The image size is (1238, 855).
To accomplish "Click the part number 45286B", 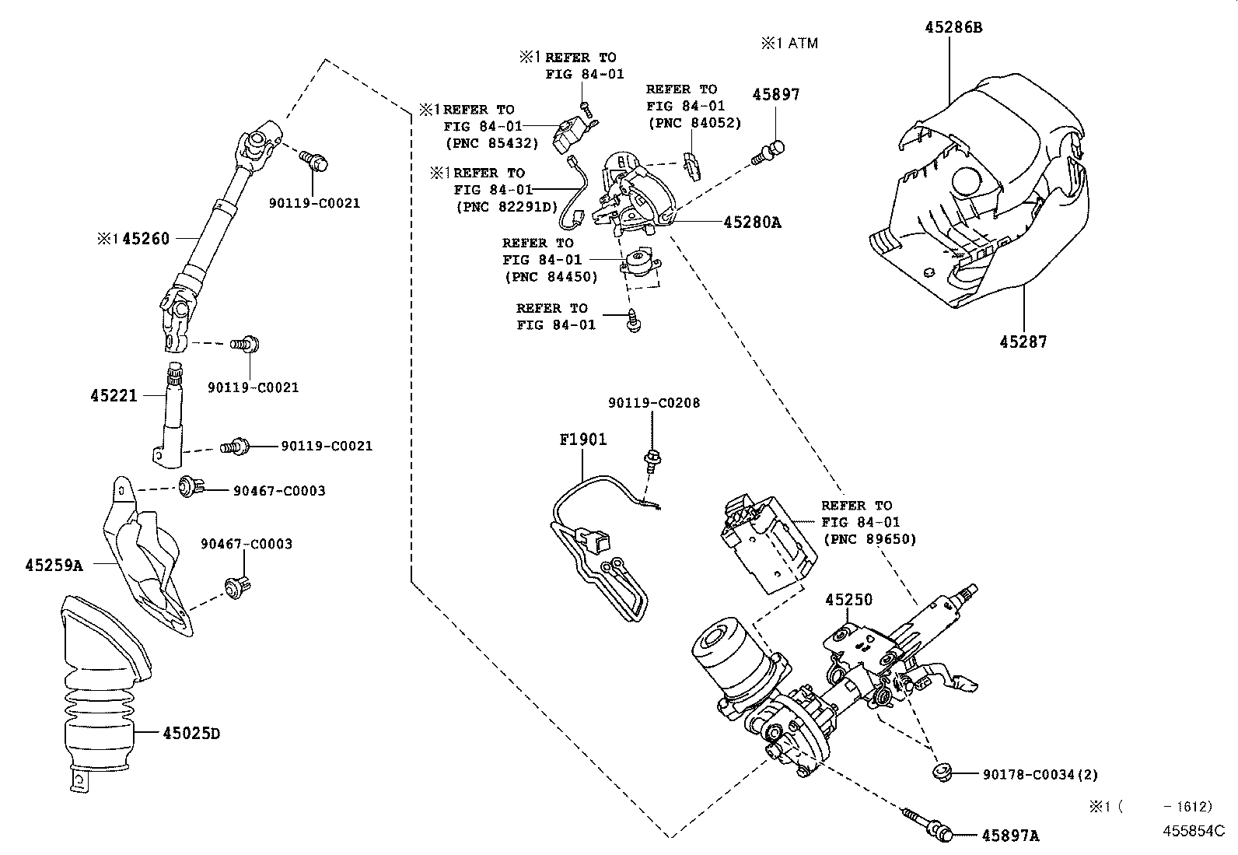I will [953, 27].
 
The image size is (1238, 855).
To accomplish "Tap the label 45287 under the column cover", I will [1023, 342].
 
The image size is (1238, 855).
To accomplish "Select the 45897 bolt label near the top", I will [775, 94].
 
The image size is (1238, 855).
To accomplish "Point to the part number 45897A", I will [1009, 836].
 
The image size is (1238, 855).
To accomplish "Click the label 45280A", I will [752, 223].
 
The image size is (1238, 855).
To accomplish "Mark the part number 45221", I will [114, 395].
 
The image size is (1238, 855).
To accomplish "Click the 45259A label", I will [53, 566].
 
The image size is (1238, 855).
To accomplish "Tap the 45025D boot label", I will [191, 733].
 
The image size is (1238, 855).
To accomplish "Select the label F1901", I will [582, 440].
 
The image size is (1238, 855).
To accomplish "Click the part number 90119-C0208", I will [653, 403].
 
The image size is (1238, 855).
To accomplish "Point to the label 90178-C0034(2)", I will [1040, 774].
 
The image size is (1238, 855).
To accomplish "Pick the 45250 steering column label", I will [848, 600].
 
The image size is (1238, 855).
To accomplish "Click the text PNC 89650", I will [869, 539].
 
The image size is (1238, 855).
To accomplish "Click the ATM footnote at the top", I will [789, 44].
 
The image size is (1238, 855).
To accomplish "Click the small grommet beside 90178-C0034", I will [942, 773].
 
